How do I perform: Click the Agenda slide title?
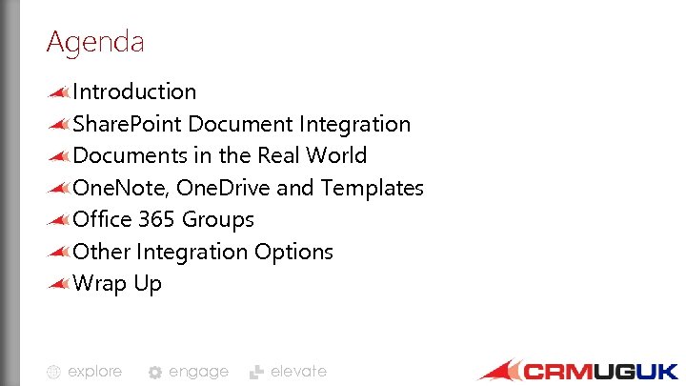pyautogui.click(x=94, y=43)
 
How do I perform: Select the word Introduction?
pyautogui.click(x=134, y=91)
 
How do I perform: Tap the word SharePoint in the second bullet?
pyautogui.click(x=128, y=124)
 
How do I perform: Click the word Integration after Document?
pyautogui.click(x=354, y=124)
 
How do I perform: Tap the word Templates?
pyautogui.click(x=372, y=188)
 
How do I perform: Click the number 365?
pyautogui.click(x=156, y=219)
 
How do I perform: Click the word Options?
pyautogui.click(x=293, y=252)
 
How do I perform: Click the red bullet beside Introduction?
pyautogui.click(x=59, y=91)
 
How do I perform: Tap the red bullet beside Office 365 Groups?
pyautogui.click(x=59, y=219)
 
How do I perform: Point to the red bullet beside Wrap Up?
pyautogui.click(x=59, y=283)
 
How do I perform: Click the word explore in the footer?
pyautogui.click(x=94, y=372)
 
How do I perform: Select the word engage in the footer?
pyautogui.click(x=198, y=372)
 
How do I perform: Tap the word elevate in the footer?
pyautogui.click(x=298, y=372)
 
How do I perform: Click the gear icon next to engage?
pyautogui.click(x=155, y=373)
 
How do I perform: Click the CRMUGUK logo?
pyautogui.click(x=578, y=370)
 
